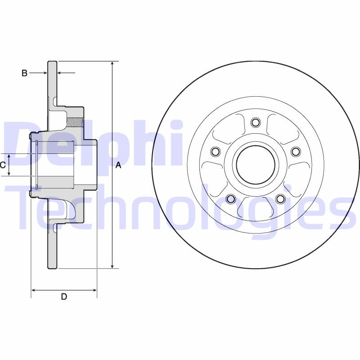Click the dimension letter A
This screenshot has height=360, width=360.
(118, 165)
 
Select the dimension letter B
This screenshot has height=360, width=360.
(25, 73)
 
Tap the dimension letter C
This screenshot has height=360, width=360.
(3, 165)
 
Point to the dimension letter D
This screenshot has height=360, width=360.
(64, 297)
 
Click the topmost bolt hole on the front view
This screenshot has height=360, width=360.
(256, 122)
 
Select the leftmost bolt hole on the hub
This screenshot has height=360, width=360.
(215, 151)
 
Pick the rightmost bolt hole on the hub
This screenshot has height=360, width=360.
(296, 151)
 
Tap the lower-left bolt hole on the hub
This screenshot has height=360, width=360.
(230, 199)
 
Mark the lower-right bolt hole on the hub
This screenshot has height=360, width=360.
(280, 199)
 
